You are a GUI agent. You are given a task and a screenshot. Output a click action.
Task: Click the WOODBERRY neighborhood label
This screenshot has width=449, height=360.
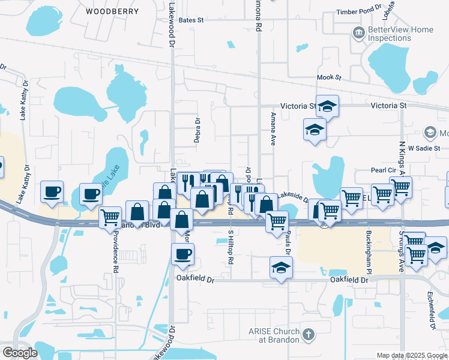pyautogui.click(x=112, y=11)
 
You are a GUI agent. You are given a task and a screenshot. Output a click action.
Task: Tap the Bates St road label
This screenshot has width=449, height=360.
pyautogui.click(x=191, y=20)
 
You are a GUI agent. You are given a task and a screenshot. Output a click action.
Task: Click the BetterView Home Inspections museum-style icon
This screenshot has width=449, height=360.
pyautogui.click(x=358, y=32)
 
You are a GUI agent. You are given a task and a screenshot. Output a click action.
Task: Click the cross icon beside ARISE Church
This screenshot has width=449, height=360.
pyautogui.click(x=308, y=334)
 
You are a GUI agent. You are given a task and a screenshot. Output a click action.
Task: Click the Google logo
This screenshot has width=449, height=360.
pyautogui.click(x=20, y=353)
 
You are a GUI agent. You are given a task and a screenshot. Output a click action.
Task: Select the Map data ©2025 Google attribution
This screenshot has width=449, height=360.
pyautogui.click(x=411, y=355)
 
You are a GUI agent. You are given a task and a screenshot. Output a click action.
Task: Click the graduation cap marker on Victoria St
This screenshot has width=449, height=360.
pyautogui.click(x=327, y=107)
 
